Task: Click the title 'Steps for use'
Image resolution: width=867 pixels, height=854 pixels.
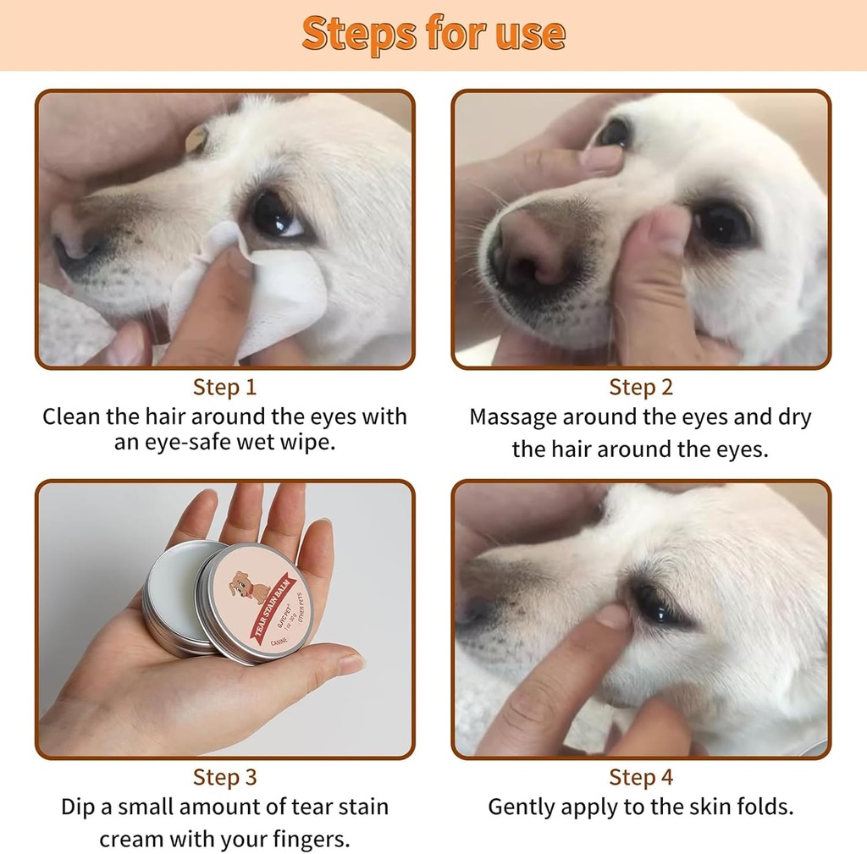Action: tap(433, 34)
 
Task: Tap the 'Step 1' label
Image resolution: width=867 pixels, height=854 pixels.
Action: tap(224, 388)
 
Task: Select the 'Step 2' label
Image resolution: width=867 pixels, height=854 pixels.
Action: tap(641, 388)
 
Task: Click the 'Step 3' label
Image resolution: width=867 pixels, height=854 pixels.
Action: tap(224, 777)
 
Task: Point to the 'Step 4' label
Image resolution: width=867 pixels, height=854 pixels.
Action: tap(641, 777)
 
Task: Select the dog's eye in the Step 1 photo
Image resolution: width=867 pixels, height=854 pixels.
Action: tap(275, 216)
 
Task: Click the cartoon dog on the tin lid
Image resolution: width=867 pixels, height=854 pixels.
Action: tap(249, 587)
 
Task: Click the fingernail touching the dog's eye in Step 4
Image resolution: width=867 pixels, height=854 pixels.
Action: tap(614, 615)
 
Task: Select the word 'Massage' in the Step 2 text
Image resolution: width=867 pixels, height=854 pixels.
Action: tap(513, 417)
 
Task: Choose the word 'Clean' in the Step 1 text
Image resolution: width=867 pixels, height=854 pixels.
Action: tap(71, 417)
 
